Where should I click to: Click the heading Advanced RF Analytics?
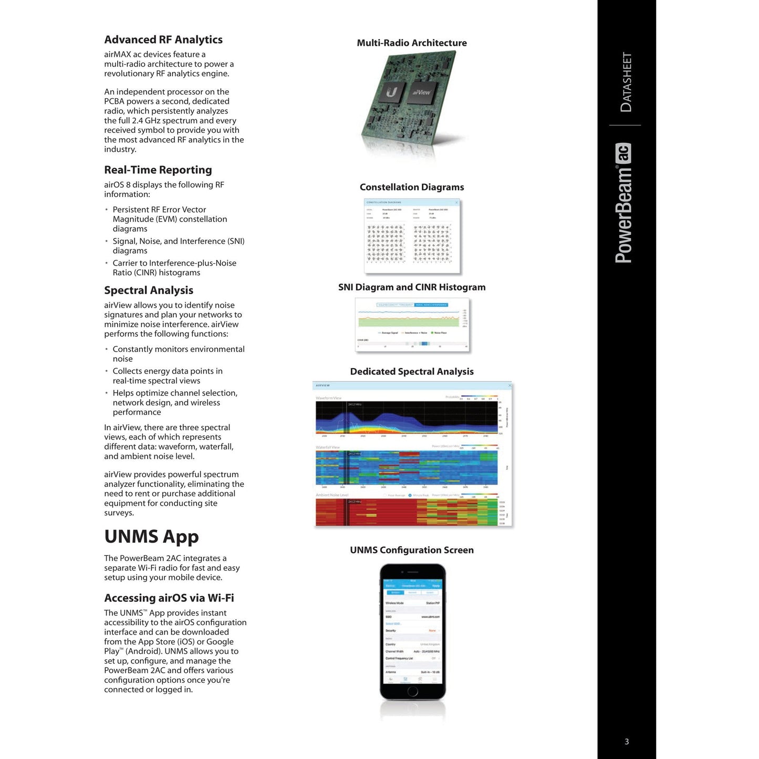click(x=163, y=40)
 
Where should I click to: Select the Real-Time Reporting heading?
click(x=158, y=170)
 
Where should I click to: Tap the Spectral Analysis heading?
click(x=149, y=290)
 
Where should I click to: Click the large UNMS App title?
click(x=151, y=537)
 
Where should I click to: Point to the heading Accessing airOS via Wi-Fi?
click(x=169, y=598)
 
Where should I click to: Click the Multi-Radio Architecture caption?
click(x=412, y=43)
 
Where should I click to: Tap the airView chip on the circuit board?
click(x=421, y=92)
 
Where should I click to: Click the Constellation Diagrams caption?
click(x=412, y=188)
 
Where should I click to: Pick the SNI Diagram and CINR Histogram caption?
click(x=412, y=287)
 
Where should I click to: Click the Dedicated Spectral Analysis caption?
click(x=412, y=372)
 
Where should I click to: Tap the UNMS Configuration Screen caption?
click(x=412, y=550)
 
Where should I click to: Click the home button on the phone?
click(x=413, y=691)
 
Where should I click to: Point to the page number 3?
click(x=627, y=742)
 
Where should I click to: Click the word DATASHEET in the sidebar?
click(x=626, y=82)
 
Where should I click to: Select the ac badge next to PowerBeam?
click(x=623, y=153)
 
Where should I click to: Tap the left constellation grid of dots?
click(x=385, y=243)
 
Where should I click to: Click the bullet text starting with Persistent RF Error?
click(x=170, y=219)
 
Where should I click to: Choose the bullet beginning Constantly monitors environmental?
click(x=178, y=354)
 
